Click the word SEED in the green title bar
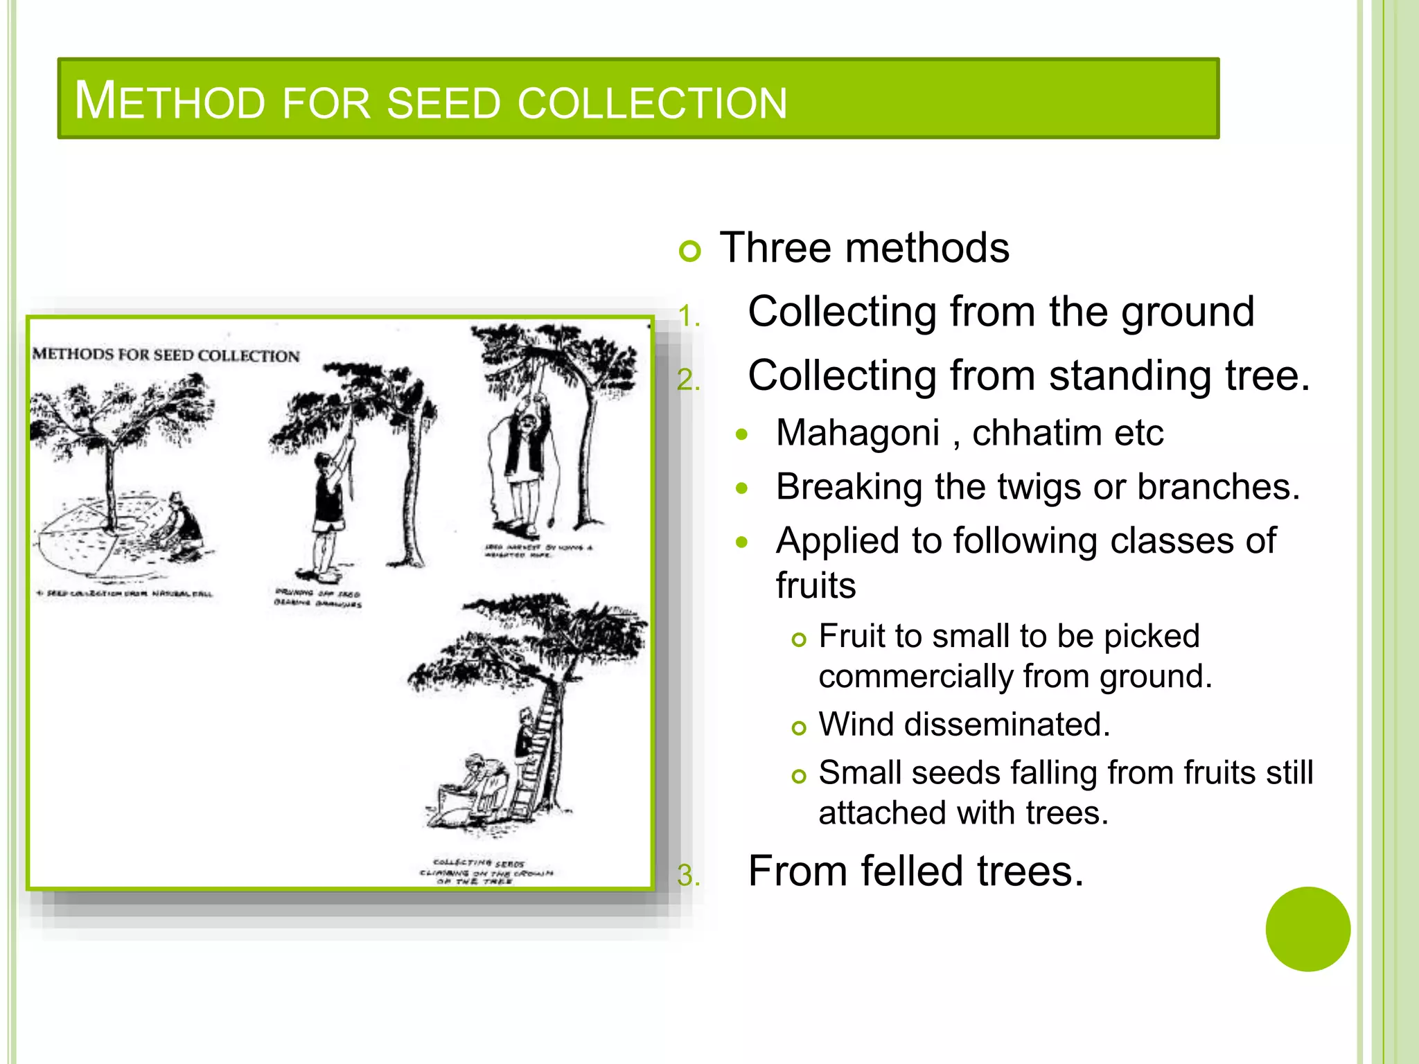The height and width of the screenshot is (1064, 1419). click(x=443, y=103)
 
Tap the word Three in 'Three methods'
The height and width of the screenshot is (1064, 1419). click(x=774, y=248)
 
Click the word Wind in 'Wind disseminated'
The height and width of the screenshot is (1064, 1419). click(x=856, y=725)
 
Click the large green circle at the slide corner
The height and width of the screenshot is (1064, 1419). click(x=1307, y=929)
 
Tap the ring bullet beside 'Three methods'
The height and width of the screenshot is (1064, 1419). click(x=690, y=250)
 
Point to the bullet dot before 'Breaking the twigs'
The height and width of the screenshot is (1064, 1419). click(x=742, y=488)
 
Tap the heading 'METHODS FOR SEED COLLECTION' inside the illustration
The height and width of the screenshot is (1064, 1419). click(x=166, y=355)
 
